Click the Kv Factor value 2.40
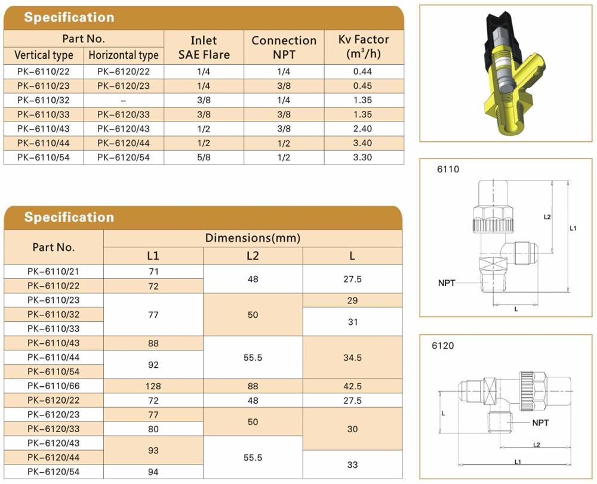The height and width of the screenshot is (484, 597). [364, 129]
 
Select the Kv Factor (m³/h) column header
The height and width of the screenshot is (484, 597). [364, 47]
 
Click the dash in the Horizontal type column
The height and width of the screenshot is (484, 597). [123, 100]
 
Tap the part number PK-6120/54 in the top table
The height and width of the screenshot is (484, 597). [123, 157]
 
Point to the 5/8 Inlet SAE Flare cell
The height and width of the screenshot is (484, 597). [203, 157]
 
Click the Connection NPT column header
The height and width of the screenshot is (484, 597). [284, 47]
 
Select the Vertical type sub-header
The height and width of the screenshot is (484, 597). [44, 55]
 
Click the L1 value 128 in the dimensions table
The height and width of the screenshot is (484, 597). [153, 386]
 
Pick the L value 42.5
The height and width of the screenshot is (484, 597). [352, 386]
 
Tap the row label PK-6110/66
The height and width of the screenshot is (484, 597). [54, 386]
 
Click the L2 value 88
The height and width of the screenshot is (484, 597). [253, 386]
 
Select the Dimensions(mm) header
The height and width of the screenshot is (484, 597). [253, 238]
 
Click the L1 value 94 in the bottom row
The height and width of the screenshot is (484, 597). [153, 472]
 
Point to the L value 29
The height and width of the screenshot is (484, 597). [352, 300]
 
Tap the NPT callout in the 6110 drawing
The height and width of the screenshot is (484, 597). [447, 283]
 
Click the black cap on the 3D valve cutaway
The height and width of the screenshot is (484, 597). [501, 32]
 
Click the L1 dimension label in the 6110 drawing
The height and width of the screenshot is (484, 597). [573, 228]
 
